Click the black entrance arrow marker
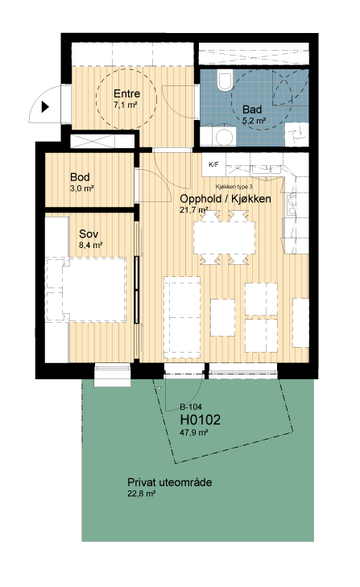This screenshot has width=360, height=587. (x=45, y=107)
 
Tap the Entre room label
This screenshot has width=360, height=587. (x=127, y=93)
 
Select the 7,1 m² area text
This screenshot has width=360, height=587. (x=125, y=105)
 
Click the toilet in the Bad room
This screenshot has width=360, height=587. (x=225, y=80)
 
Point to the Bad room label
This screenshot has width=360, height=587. (x=252, y=110)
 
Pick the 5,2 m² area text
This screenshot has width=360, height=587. (x=254, y=121)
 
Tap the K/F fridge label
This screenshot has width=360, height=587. (x=214, y=164)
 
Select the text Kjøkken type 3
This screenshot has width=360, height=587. (x=234, y=187)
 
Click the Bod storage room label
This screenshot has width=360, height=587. (x=80, y=177)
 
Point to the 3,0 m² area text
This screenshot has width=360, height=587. (x=81, y=188)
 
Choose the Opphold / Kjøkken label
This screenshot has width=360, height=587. (x=226, y=199)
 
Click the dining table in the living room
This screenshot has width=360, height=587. (x=225, y=238)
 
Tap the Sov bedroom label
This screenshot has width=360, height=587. (x=89, y=234)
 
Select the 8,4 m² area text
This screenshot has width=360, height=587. (x=91, y=246)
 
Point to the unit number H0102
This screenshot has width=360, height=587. (x=201, y=420)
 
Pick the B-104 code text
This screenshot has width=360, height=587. (x=191, y=407)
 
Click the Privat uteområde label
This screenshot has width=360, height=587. (x=170, y=482)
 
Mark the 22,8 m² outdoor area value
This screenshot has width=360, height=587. (x=142, y=494)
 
